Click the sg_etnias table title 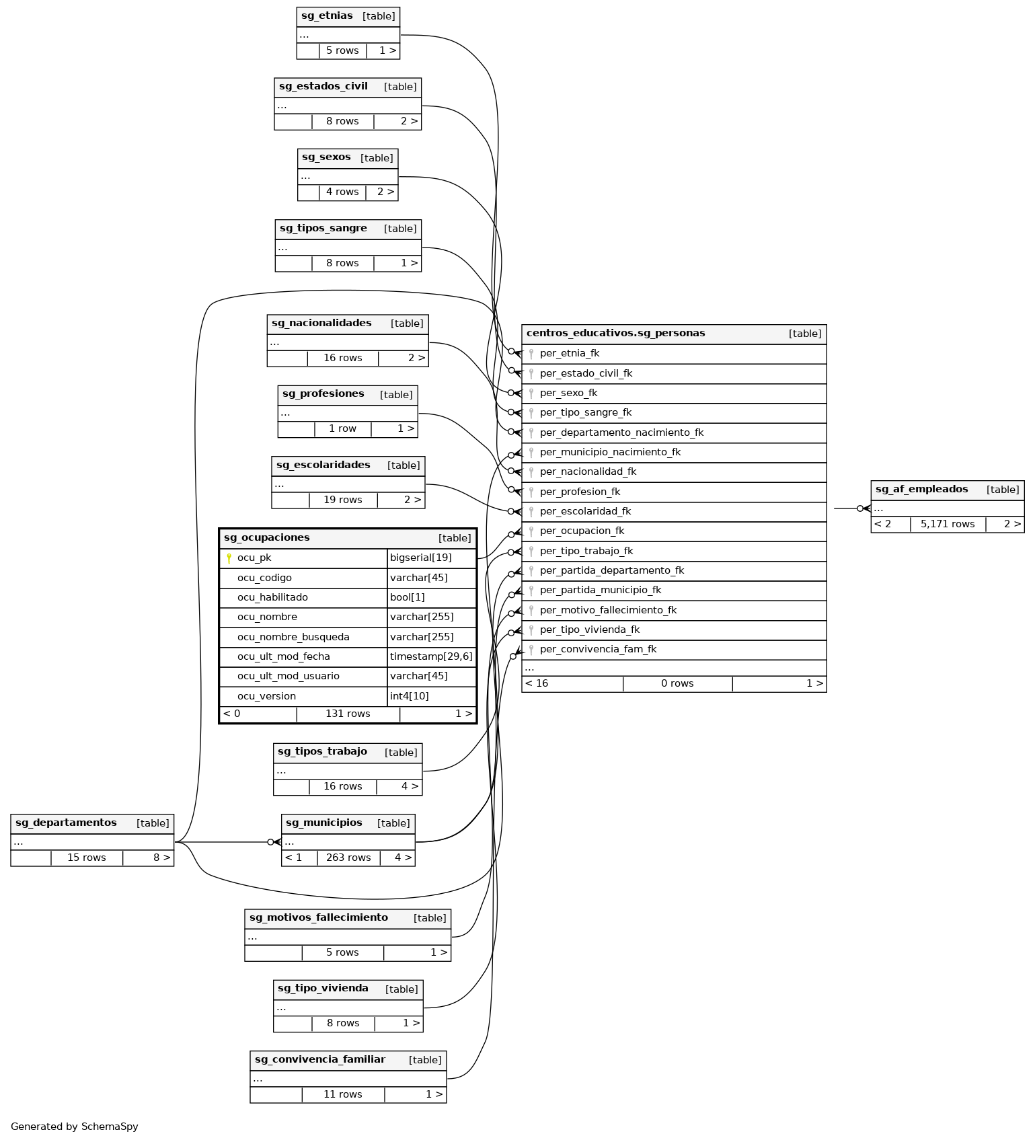tap(327, 16)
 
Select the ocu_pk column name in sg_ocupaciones tap(254, 558)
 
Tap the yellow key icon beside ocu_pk tap(229, 558)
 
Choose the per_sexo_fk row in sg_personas tap(568, 393)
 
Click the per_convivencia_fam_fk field tap(598, 650)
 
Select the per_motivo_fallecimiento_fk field tap(608, 611)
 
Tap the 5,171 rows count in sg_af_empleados tap(947, 525)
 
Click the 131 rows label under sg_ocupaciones tap(348, 714)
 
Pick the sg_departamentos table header tap(66, 823)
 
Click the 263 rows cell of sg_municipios tap(348, 858)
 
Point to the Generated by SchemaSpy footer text tap(75, 1127)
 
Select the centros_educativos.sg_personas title tap(615, 334)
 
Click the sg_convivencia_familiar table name tap(319, 1060)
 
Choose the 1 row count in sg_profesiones tap(342, 429)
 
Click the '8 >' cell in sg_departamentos tap(161, 858)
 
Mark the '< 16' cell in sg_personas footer tap(537, 684)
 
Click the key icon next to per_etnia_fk tap(531, 354)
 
